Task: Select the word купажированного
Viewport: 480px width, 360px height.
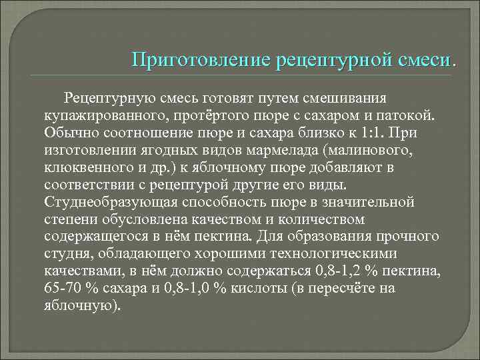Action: tap(102, 115)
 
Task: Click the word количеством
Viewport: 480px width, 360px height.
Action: tap(351, 219)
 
